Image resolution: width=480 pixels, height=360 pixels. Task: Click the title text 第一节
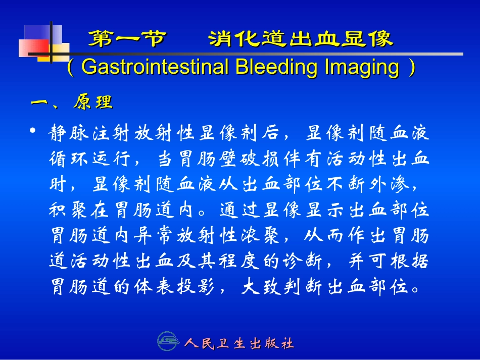click(x=126, y=39)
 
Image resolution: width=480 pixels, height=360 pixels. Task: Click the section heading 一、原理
click(x=72, y=102)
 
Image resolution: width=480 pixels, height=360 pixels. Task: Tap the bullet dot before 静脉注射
click(x=33, y=132)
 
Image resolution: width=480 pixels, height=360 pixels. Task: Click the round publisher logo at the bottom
click(x=168, y=342)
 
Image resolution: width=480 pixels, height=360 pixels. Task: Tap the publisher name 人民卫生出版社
click(x=239, y=344)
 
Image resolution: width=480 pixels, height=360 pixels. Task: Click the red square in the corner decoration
click(x=33, y=48)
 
